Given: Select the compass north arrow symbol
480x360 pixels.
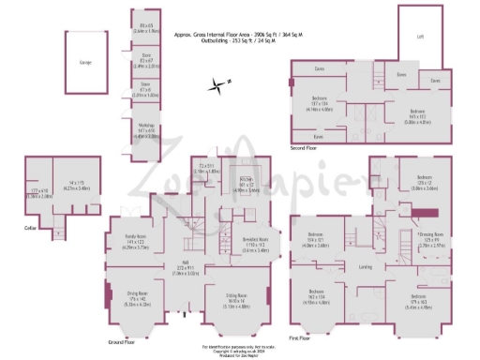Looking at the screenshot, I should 218,85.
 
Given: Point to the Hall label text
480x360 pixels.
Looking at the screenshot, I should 187,262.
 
